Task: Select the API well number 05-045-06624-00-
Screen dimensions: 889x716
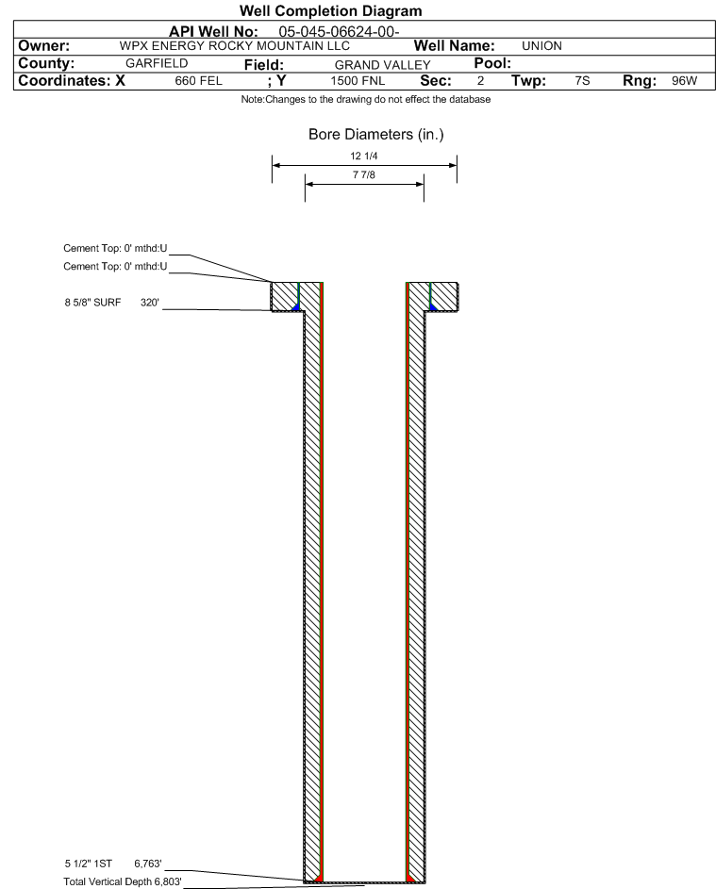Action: click(x=346, y=31)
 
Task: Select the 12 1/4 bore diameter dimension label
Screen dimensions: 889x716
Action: click(x=363, y=156)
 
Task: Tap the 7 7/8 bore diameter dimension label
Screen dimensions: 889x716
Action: click(x=363, y=175)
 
